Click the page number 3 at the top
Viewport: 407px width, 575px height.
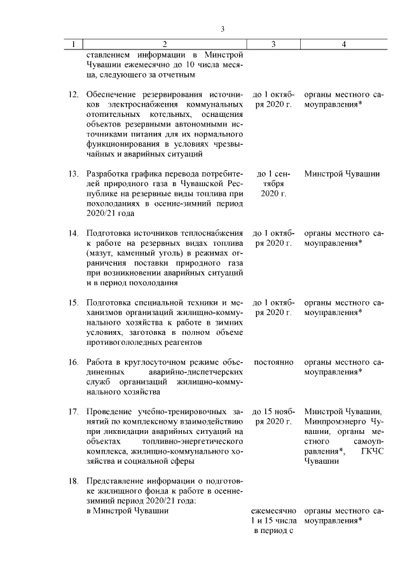(x=223, y=29)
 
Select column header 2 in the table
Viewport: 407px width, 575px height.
(x=165, y=44)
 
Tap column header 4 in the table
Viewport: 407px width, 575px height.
(x=343, y=44)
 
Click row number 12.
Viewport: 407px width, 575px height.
(x=73, y=94)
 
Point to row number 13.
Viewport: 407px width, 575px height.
(x=73, y=173)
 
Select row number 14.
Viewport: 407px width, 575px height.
(x=73, y=233)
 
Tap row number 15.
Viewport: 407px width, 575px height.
(x=73, y=302)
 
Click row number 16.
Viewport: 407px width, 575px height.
(x=73, y=362)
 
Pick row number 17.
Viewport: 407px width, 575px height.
(x=73, y=411)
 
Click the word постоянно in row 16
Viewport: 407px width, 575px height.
(x=273, y=362)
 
